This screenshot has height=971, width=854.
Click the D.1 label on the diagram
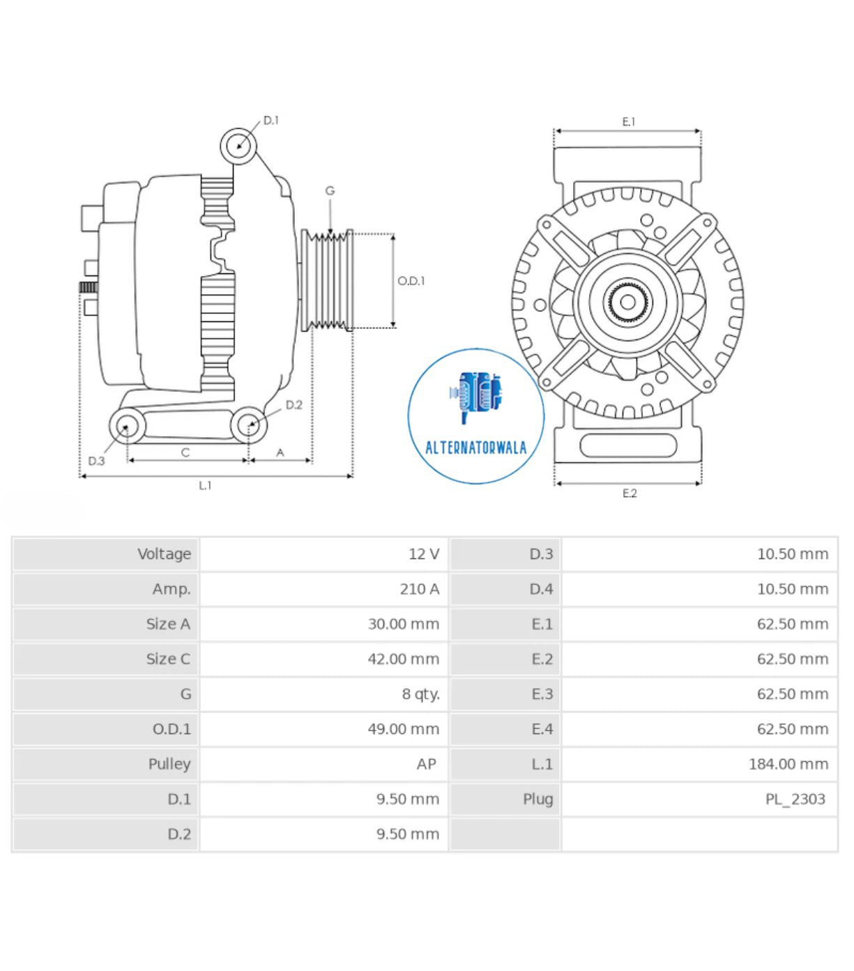[x=270, y=121]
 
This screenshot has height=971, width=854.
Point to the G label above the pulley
[x=330, y=190]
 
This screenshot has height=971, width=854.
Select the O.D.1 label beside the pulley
[x=411, y=281]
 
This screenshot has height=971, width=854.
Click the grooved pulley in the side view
[x=328, y=280]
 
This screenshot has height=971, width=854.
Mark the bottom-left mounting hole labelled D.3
[x=126, y=426]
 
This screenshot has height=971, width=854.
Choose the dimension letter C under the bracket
[x=185, y=452]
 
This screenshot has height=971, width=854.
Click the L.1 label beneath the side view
[x=205, y=485]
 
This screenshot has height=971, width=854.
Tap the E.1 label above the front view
[x=629, y=122]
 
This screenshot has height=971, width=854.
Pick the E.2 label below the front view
[x=630, y=493]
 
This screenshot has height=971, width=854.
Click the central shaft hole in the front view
[x=627, y=302]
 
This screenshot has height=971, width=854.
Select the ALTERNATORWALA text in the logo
[x=475, y=448]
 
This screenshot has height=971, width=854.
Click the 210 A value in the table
[x=419, y=589]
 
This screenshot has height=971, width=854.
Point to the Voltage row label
[x=164, y=554]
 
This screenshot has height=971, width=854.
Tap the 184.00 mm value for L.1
[x=788, y=764]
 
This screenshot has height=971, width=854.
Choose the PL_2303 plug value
[x=795, y=799]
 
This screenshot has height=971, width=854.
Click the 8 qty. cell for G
[x=420, y=694]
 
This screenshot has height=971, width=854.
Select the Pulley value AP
[x=426, y=764]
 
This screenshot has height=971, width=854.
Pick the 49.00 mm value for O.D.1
[x=403, y=729]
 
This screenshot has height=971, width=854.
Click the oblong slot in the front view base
[x=627, y=445]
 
